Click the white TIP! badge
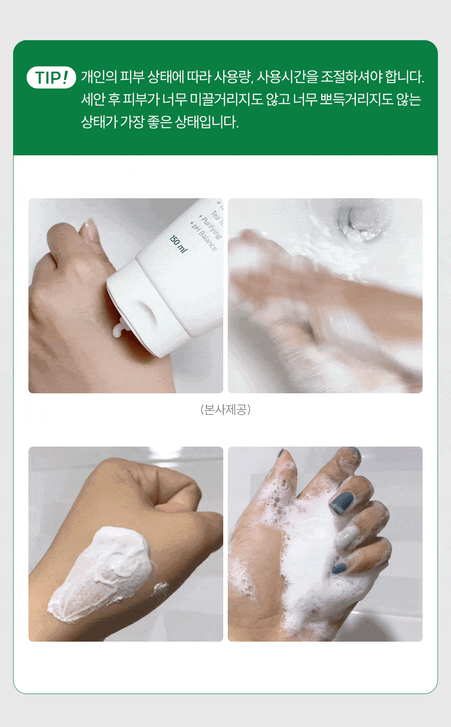tap(51, 77)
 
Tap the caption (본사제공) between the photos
tap(225, 410)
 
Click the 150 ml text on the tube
tap(178, 244)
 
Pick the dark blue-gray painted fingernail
tap(341, 503)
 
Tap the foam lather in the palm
tap(307, 555)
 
